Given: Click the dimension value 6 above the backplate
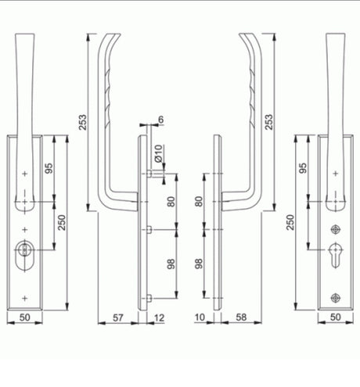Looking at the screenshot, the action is [x=161, y=120].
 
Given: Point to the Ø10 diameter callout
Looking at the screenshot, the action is [x=159, y=153].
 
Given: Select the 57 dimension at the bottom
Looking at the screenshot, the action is [x=118, y=317].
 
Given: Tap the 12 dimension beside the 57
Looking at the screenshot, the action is [x=159, y=317].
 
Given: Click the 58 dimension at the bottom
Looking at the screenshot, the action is [x=241, y=317].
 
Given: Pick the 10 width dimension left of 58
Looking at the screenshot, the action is [x=200, y=317].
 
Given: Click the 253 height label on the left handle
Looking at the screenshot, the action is [x=82, y=122].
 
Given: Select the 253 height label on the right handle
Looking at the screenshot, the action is [x=268, y=122].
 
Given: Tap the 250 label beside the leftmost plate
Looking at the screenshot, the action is [x=62, y=222].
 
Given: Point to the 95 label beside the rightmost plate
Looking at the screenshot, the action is [x=303, y=168].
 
